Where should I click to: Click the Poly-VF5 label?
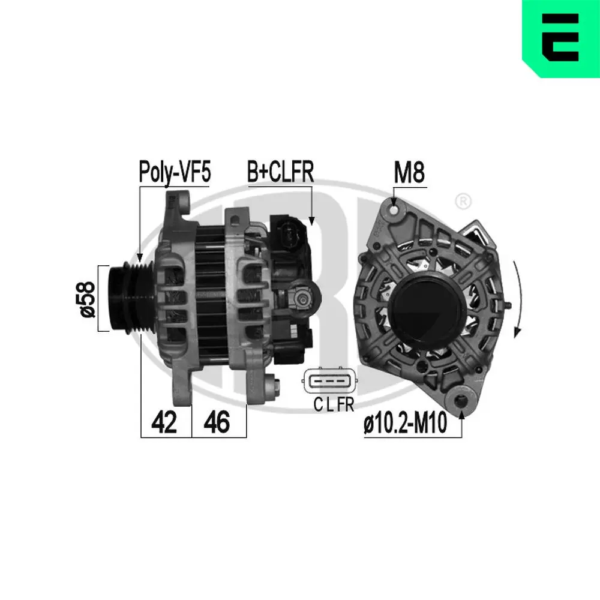175,172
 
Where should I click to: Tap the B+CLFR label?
280,172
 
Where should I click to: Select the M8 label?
409,173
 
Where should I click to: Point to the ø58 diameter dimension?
88,299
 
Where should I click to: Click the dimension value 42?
164,423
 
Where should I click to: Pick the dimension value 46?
217,423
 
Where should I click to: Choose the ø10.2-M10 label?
406,425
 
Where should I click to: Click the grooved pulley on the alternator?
128,296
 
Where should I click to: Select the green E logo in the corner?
560,39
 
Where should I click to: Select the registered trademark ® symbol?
463,201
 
